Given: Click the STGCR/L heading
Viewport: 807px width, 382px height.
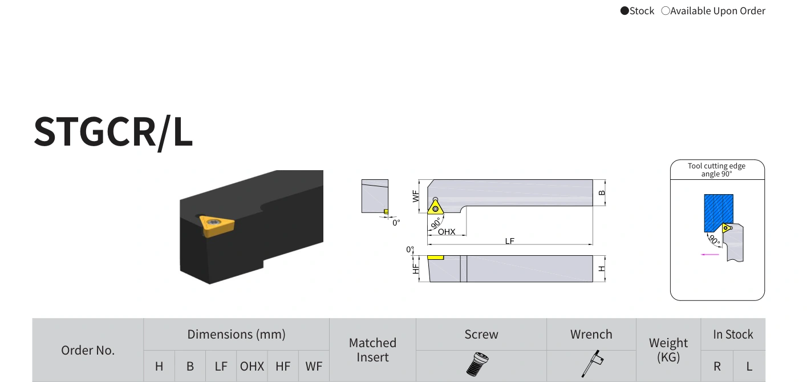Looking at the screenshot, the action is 113,132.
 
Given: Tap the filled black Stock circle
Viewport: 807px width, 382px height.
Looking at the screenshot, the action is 624,11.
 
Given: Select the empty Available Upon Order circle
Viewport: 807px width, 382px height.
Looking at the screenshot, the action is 666,11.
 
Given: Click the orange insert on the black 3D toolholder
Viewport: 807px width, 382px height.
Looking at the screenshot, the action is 217,226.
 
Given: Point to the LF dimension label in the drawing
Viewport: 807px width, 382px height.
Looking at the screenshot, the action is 509,240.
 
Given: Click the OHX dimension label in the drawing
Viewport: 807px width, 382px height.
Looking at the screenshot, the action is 447,232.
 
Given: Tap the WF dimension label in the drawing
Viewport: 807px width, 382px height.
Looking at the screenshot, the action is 416,196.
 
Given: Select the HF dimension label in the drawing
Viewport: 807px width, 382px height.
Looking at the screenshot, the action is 416,269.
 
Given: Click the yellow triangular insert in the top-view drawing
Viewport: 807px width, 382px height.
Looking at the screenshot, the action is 435,207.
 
